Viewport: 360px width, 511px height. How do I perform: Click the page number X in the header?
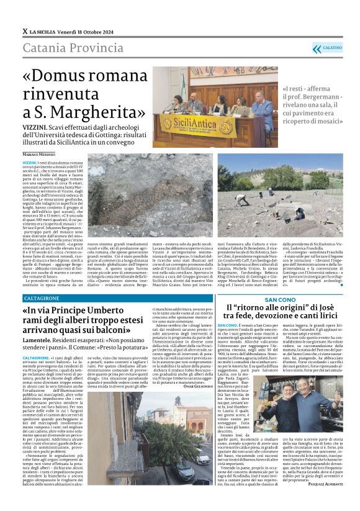tap(25, 31)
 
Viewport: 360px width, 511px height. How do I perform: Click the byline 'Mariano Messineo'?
tap(38, 153)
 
